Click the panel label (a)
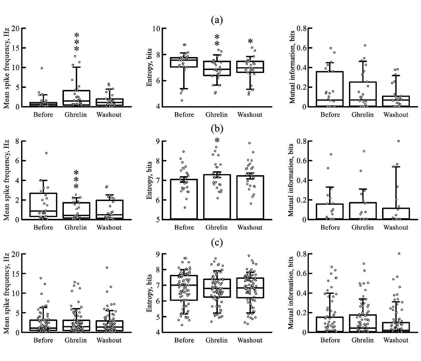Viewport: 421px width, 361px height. pos(217,20)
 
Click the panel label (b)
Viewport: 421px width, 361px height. pos(217,129)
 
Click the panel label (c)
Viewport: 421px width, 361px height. pos(217,242)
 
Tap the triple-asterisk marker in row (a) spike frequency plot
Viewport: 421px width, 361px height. pos(77,42)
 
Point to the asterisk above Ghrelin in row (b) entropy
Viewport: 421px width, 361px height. pos(217,141)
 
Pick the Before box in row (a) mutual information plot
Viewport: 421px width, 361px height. pos(330,89)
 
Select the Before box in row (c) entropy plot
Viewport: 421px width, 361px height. pos(184,288)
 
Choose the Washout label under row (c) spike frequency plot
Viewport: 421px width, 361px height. pos(109,340)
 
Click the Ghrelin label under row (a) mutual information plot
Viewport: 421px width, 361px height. pos(363,115)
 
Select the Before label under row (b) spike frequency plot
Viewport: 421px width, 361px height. pos(43,227)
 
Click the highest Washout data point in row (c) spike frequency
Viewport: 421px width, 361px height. pos(107,267)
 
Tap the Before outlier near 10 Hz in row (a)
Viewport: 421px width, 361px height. pos(42,68)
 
